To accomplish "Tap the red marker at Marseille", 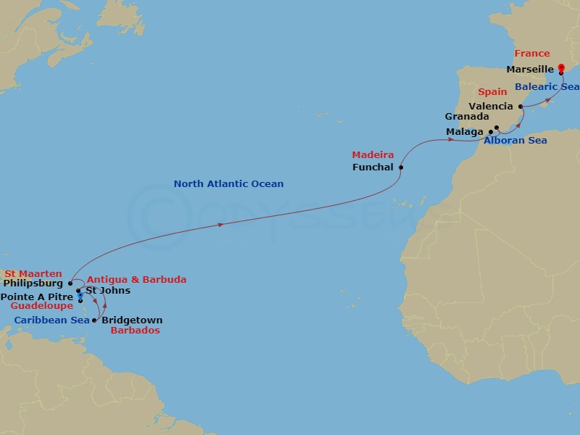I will pos(561,69).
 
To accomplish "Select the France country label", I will pos(532,54).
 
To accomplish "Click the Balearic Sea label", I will pos(547,86).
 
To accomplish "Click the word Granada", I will pos(467,116).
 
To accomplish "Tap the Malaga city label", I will pos(465,131).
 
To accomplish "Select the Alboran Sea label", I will pos(515,140).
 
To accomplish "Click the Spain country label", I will pos(492,92).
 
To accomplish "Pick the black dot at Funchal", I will pos(401,167).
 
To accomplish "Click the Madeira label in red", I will pos(373,155).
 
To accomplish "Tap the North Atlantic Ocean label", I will pos(228,184).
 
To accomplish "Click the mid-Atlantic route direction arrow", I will pos(220,225).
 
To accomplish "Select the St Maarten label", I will pos(33,273).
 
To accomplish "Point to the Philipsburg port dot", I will pos(70,283).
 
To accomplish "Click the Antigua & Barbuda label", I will pos(136,279).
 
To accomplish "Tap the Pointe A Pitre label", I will pos(36,297).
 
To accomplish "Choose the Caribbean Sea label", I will pos(47,319).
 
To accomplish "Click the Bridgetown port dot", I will pos(95,320).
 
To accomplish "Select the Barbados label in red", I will pos(135,330).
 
